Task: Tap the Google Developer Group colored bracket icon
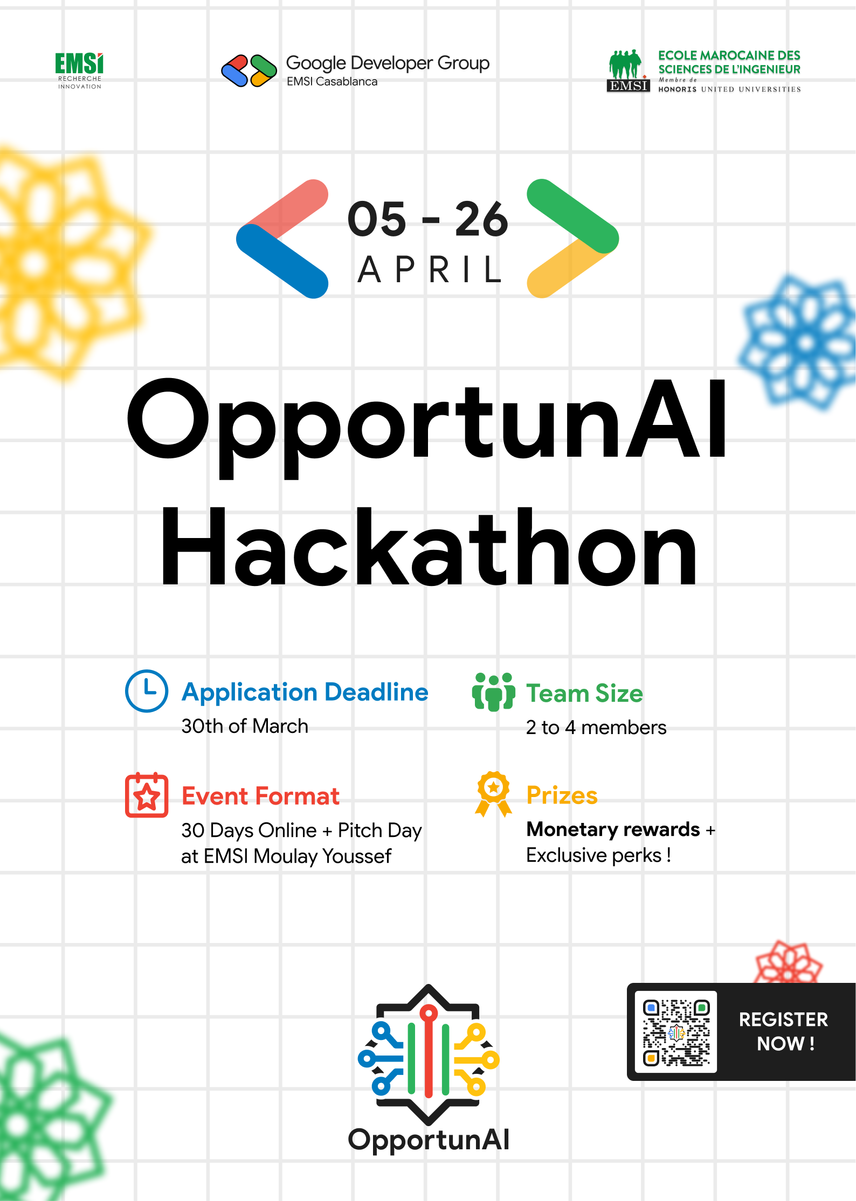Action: (x=249, y=71)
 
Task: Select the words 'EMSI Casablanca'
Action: (x=332, y=82)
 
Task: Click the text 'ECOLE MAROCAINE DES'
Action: (x=729, y=55)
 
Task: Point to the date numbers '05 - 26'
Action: (x=427, y=219)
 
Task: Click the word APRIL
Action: (x=430, y=270)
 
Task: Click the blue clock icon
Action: (x=147, y=691)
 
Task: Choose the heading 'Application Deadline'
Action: (x=305, y=692)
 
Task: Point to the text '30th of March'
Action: (x=245, y=727)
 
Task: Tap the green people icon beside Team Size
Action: (x=493, y=692)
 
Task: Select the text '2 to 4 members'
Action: (x=596, y=728)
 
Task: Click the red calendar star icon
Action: (x=147, y=795)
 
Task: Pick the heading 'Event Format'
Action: (x=260, y=796)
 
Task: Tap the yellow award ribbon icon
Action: (x=493, y=794)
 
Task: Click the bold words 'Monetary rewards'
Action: (x=613, y=829)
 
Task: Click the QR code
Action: (x=676, y=1031)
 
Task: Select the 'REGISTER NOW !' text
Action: (x=783, y=1031)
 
